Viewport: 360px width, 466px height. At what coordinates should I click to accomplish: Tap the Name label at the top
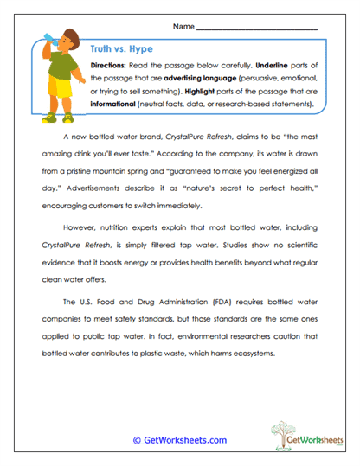[183, 28]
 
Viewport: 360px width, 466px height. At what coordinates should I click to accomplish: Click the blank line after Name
[257, 29]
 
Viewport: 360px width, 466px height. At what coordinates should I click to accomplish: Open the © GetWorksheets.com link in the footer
[179, 440]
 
